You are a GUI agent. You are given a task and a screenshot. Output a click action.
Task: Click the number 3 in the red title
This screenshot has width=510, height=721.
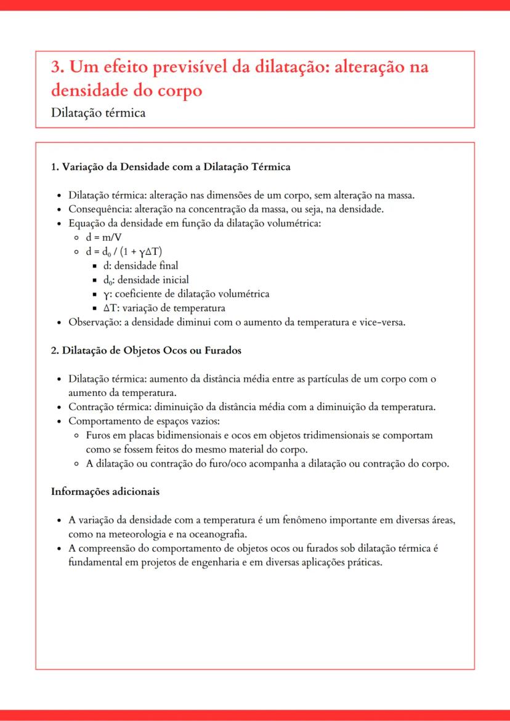click(x=56, y=67)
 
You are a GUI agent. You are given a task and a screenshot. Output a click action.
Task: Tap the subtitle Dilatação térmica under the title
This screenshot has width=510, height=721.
click(x=98, y=113)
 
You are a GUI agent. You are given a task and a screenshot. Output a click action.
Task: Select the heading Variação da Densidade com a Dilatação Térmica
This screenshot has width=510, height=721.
click(x=171, y=167)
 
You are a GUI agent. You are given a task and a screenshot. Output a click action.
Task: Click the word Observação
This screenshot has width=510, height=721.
click(x=91, y=322)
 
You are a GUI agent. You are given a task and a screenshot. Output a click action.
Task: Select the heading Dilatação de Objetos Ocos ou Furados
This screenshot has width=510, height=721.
click(x=146, y=350)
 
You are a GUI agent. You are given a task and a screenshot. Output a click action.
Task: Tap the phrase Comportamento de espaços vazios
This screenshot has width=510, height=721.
click(x=144, y=421)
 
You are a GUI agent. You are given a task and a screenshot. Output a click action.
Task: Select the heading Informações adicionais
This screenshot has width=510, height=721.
click(x=105, y=491)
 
